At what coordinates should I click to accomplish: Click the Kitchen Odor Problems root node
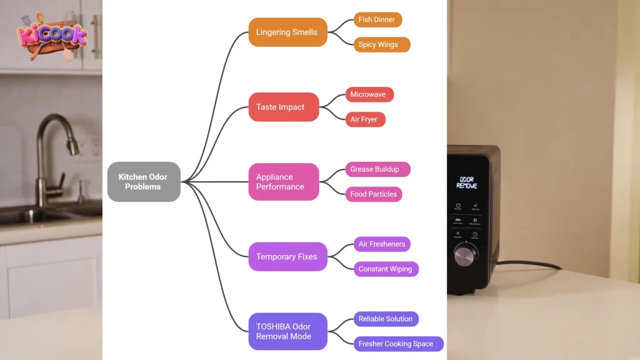(144, 182)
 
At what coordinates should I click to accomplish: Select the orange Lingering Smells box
(287, 32)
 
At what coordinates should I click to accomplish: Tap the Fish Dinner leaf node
(377, 19)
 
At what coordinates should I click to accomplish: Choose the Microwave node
(369, 94)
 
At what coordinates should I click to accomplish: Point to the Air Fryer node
(365, 119)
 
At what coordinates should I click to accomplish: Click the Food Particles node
(374, 194)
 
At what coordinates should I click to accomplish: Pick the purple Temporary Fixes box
(287, 256)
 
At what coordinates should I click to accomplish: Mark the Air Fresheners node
(382, 244)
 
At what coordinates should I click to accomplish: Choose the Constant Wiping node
(386, 269)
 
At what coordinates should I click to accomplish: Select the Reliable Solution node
(386, 319)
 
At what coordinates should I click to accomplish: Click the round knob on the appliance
(466, 255)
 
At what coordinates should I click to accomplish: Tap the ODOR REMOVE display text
(466, 182)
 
